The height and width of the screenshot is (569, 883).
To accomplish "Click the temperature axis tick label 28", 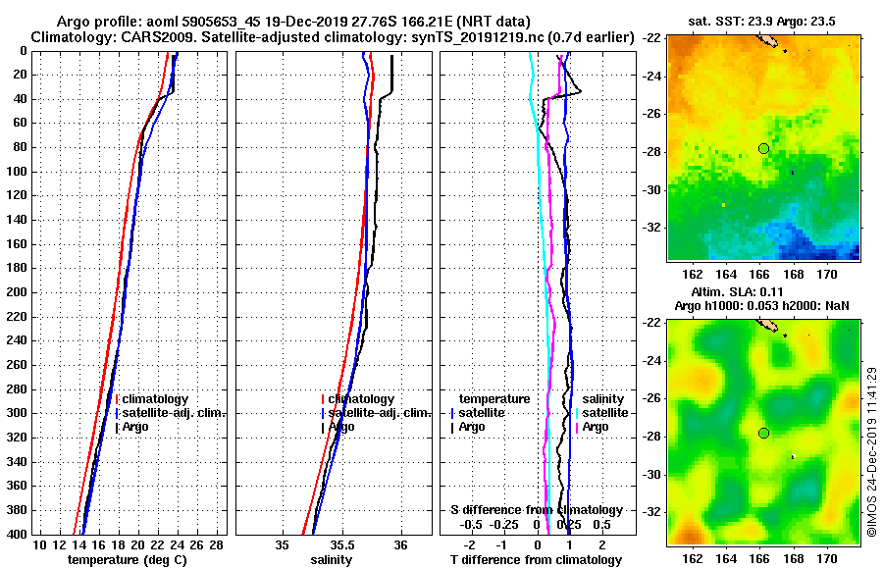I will pos(217,544).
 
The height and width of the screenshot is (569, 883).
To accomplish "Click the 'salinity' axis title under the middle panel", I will pos(331,560).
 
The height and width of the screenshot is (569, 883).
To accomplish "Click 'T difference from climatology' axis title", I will pos(536,560).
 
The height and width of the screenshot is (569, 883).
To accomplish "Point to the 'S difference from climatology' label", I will pos(536,510).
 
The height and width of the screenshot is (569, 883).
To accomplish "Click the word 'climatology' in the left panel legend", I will pos(156,399).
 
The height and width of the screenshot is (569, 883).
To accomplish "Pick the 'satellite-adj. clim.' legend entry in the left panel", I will pos(171,413).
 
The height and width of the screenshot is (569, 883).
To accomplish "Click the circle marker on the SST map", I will pos(763,148).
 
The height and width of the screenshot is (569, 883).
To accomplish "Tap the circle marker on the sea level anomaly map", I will pos(763,433).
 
